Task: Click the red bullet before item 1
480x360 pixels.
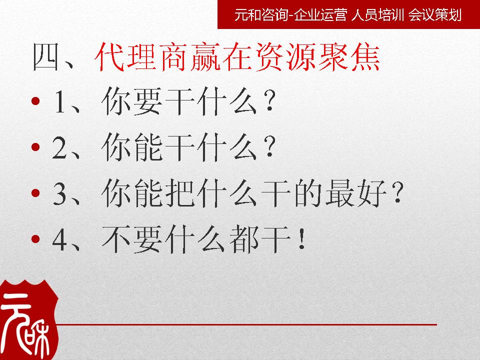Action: click(35, 100)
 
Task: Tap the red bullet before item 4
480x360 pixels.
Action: click(35, 239)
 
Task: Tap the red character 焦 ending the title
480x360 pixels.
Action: click(365, 57)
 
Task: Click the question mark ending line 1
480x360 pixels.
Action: click(269, 100)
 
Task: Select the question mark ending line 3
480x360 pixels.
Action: click(397, 193)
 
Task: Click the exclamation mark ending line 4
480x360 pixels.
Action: click(302, 239)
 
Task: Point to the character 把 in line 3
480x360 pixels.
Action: click(180, 193)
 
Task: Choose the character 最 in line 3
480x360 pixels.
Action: click(339, 193)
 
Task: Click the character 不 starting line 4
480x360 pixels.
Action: click(116, 239)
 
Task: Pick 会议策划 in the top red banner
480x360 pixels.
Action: click(434, 14)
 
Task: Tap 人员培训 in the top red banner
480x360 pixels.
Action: click(378, 14)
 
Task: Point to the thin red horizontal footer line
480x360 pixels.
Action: click(246, 324)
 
